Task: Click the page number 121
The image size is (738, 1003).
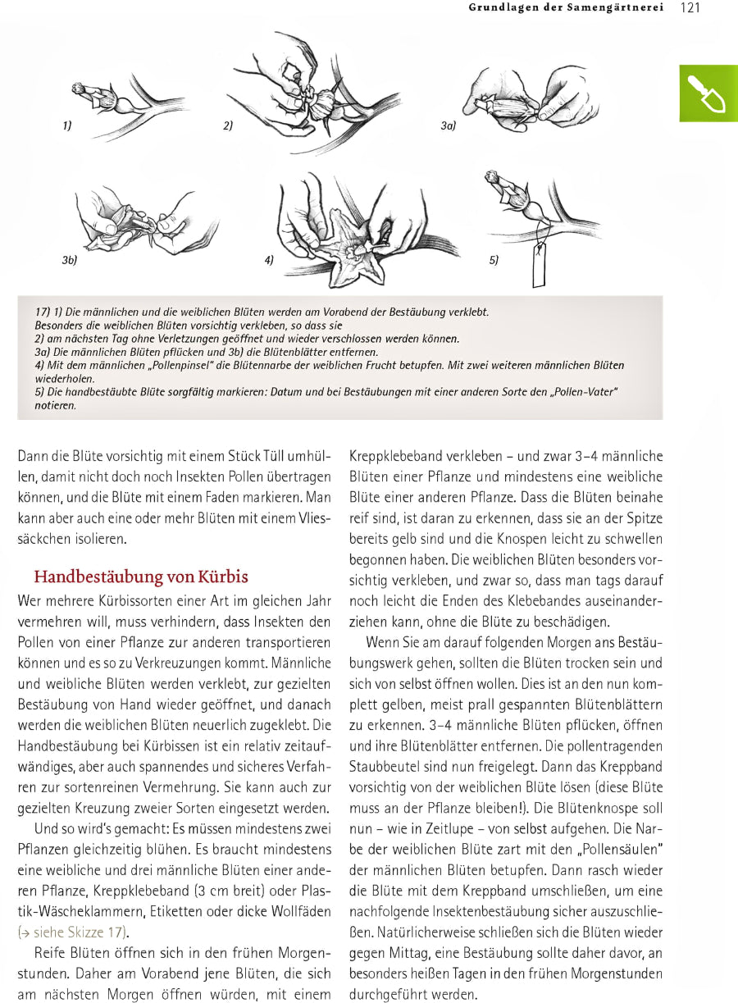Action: click(x=690, y=8)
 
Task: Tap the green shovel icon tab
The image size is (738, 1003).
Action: click(x=708, y=93)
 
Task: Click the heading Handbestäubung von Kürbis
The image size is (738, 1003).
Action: click(x=140, y=577)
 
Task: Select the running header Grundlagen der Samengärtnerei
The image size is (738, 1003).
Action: click(x=566, y=8)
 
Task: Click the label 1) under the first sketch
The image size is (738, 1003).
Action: click(x=66, y=125)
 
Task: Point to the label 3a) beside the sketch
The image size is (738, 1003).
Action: click(x=448, y=125)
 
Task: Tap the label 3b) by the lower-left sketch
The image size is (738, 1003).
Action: click(x=69, y=260)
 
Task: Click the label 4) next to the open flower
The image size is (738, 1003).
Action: click(x=269, y=260)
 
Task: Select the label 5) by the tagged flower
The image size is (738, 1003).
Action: click(x=494, y=260)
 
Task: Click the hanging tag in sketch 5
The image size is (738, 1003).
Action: click(x=539, y=267)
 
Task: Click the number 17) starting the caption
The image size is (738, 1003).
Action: click(x=43, y=312)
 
